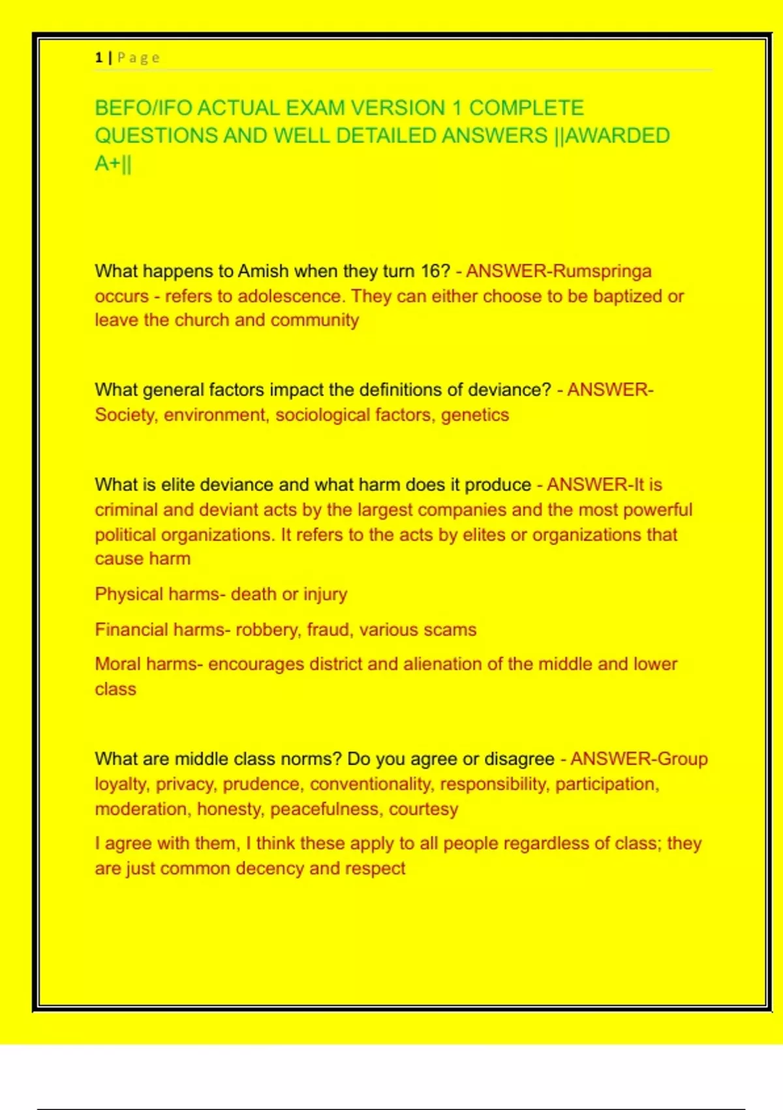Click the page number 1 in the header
99,57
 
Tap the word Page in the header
138,57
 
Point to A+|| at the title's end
113,163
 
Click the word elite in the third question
177,484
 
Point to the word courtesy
423,809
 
